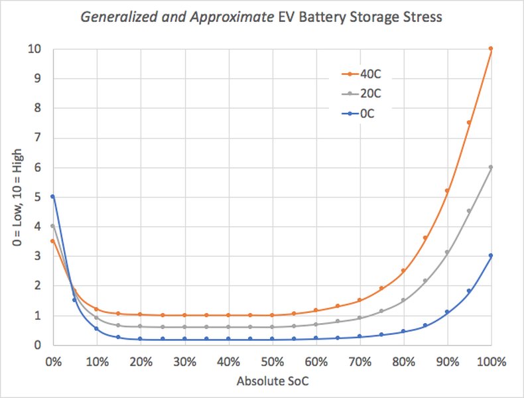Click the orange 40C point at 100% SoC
[491, 48]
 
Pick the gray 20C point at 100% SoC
[491, 167]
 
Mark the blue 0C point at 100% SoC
[491, 255]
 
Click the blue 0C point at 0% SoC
[52, 196]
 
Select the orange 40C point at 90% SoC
[447, 190]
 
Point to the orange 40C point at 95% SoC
[469, 123]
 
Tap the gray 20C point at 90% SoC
[447, 252]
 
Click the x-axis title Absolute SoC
[271, 383]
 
